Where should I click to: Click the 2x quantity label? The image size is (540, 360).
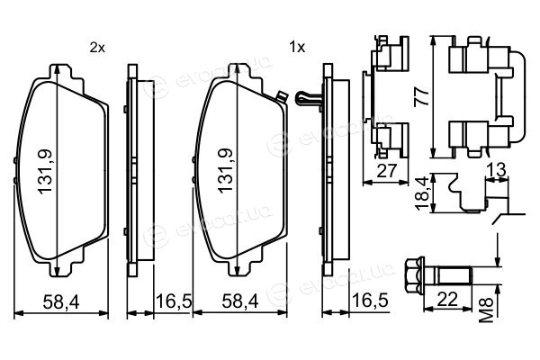(x=97, y=48)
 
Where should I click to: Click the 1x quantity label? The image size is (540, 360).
(x=297, y=47)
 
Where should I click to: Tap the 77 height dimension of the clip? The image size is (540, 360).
(x=422, y=96)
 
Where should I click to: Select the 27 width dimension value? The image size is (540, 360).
(x=387, y=170)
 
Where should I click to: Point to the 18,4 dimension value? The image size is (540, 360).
(x=422, y=193)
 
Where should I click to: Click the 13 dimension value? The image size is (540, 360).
(x=497, y=169)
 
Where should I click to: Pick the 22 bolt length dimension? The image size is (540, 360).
(x=447, y=299)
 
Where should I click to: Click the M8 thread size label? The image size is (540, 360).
(x=487, y=310)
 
